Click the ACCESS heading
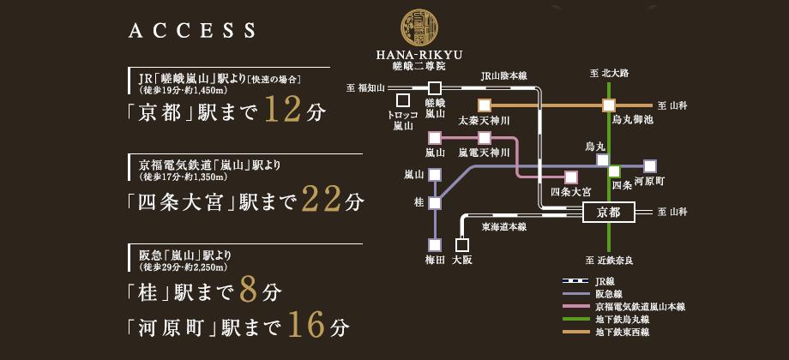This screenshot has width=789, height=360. click(x=192, y=31)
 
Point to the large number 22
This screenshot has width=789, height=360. click(x=322, y=201)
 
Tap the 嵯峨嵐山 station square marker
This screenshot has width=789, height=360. click(x=435, y=87)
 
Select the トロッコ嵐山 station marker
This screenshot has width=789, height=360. click(x=402, y=101)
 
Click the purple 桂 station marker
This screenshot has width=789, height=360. click(x=435, y=203)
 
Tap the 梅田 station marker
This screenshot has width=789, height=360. click(x=435, y=243)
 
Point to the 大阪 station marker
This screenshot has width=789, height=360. click(x=461, y=243)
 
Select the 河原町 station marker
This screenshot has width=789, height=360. click(x=650, y=165)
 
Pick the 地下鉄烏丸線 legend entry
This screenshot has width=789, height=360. click(x=623, y=319)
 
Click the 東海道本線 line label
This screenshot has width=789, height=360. click(x=503, y=227)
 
